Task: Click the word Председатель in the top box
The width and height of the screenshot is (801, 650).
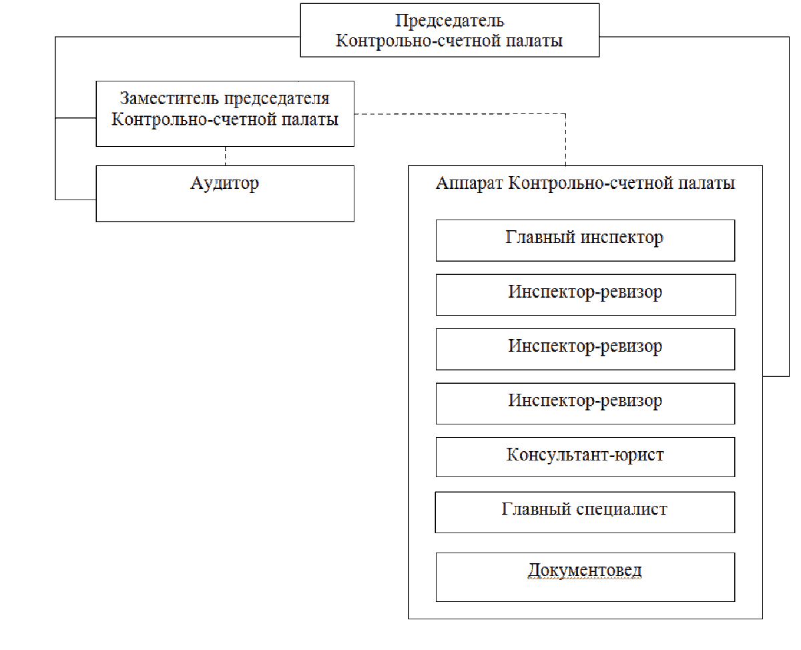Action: [x=449, y=21]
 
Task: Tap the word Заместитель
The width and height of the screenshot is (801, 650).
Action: [x=170, y=99]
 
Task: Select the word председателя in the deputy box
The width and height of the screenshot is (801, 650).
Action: [x=277, y=99]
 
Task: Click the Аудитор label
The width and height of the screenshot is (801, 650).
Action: [x=224, y=184]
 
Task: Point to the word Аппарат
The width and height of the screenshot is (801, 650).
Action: [x=469, y=184]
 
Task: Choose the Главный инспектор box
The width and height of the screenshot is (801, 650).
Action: [x=585, y=240]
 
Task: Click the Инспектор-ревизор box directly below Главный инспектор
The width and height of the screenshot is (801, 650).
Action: [x=585, y=294]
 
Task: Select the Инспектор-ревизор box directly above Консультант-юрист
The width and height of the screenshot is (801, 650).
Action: [x=585, y=403]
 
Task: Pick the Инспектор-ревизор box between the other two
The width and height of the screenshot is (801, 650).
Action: [x=585, y=349]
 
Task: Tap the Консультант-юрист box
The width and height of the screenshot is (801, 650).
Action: [x=585, y=456]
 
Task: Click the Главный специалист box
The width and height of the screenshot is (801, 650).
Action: [x=585, y=512]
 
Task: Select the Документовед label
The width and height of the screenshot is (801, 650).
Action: [x=584, y=571]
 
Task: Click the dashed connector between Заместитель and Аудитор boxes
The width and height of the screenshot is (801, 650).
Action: [x=225, y=156]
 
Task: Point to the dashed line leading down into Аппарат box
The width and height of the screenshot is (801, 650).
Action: [x=565, y=139]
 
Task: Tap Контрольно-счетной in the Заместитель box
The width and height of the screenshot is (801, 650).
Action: [x=194, y=119]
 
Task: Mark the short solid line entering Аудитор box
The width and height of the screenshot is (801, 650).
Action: [x=75, y=200]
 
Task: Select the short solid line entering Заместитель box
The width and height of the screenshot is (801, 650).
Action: [x=75, y=118]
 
